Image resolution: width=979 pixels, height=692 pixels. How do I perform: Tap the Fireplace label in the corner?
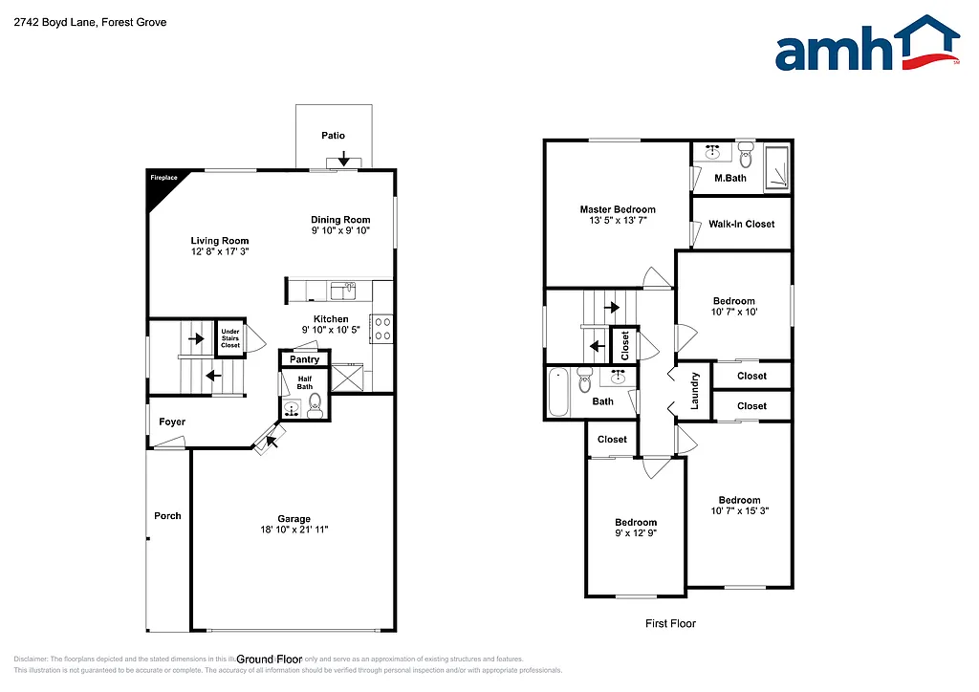point(163,178)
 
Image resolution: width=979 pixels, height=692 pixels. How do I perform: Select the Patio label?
point(333,136)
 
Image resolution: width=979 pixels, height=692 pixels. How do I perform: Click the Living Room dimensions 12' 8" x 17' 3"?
point(220,253)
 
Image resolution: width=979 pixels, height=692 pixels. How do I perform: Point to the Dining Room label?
point(340,220)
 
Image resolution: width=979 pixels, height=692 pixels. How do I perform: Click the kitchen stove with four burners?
point(382,328)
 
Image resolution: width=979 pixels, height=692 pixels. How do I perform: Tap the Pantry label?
point(305,359)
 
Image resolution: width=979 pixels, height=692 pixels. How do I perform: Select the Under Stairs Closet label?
point(230,337)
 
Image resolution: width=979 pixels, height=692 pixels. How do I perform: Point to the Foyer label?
point(172,422)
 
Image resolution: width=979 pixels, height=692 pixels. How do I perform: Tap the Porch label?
point(167,516)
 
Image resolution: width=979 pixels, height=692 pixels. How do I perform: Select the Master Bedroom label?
point(618,209)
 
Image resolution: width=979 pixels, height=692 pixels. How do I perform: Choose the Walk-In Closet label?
point(741,224)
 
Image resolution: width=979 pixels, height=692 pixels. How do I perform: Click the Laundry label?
point(695,391)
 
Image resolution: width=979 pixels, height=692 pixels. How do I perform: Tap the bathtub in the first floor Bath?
point(559,394)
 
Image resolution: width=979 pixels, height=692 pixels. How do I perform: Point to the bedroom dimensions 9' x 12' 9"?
point(636,533)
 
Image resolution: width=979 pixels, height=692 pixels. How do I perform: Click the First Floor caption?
point(669,623)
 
